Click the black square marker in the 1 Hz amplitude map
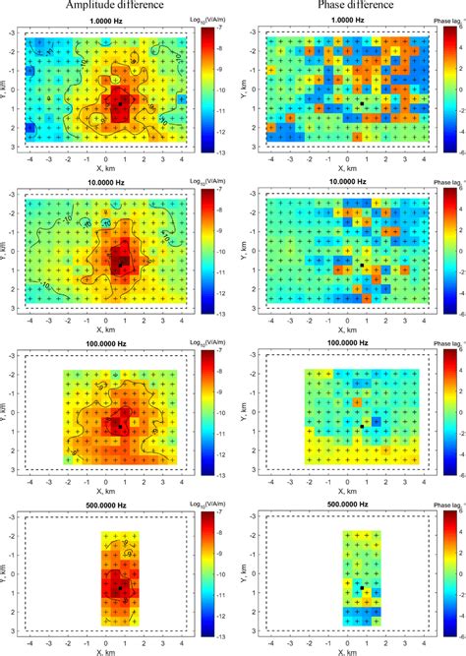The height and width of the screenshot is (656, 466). (120, 100)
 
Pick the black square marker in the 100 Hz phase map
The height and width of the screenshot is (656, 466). (362, 425)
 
